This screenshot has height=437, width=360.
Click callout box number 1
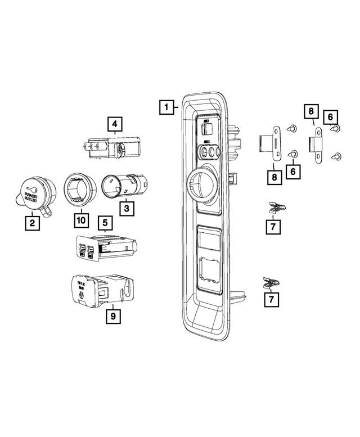pos(165,106)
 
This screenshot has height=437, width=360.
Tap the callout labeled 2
pos(32,223)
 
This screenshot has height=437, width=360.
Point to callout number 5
pos(104,223)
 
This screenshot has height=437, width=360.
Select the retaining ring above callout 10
pos(77,188)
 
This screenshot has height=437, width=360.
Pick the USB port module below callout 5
pos(104,247)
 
